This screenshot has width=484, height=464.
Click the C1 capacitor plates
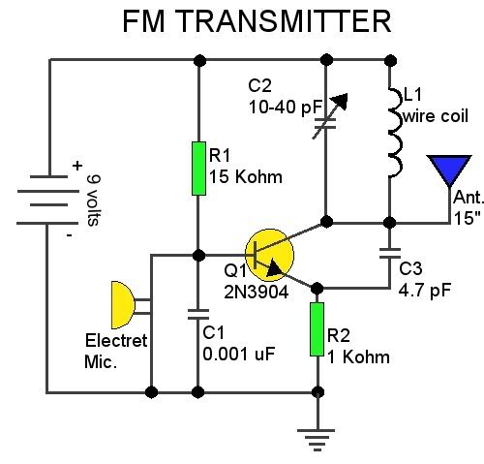tap(199, 313)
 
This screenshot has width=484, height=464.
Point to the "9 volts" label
tap(93, 200)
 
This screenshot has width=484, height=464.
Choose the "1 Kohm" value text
tap(358, 356)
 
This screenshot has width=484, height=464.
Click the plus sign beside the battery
tap(76, 167)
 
